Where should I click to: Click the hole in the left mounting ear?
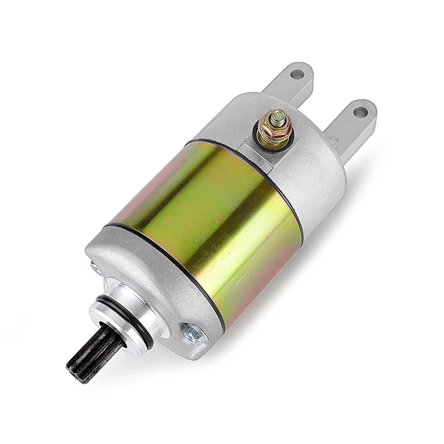[297, 74]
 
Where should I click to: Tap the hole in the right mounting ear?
[360, 112]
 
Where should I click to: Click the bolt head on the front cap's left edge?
[95, 268]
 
